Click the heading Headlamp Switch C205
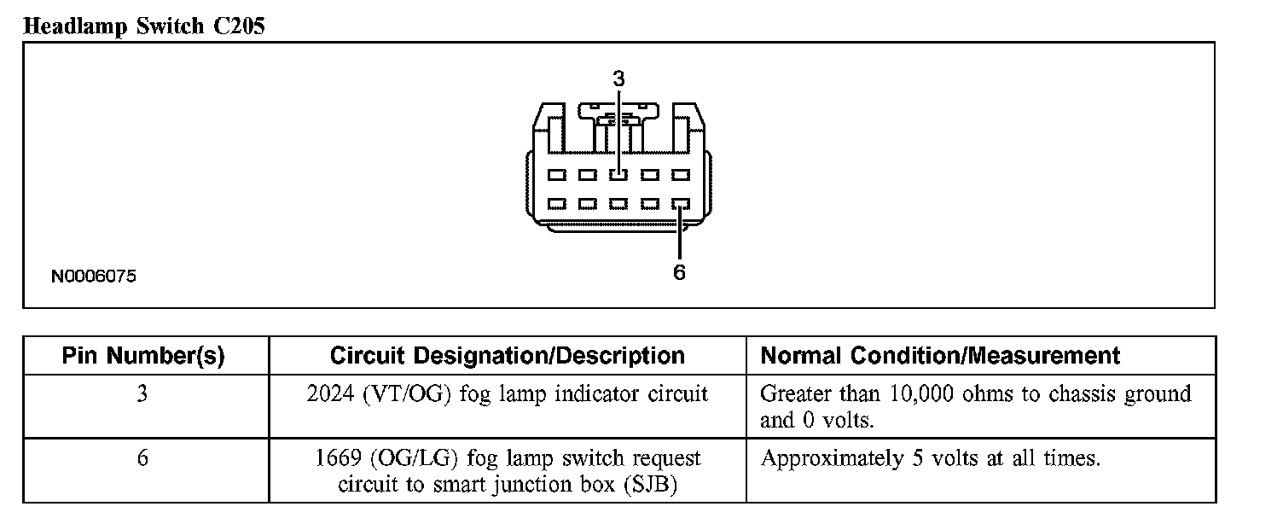pos(144,26)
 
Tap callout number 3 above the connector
pos(618,79)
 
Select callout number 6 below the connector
pos(680,273)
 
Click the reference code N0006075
pos(93,277)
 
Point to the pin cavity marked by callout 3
pos(618,175)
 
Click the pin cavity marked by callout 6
pos(680,205)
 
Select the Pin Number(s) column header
pos(143,356)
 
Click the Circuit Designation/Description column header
pos(507,356)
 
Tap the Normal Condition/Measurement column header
pos(939,356)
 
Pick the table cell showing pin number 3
pos(142,394)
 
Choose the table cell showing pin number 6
pos(142,458)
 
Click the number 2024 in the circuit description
pos(327,394)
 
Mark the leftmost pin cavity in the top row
pos(557,175)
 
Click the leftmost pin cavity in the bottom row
pos(557,205)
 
